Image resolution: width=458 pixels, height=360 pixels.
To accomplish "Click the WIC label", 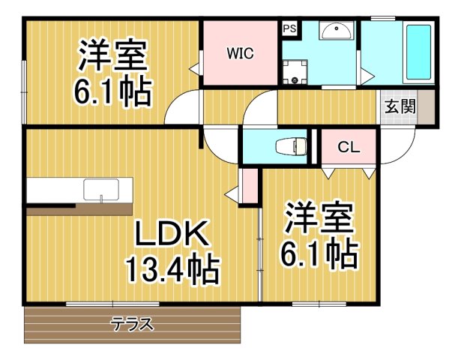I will (x=241, y=53).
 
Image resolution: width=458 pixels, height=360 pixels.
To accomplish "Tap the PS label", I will (x=289, y=29).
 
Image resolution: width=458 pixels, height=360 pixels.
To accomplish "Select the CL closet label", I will (x=348, y=147).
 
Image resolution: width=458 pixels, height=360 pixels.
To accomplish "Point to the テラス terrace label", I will (x=133, y=324).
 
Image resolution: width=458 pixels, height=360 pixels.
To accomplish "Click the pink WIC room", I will (x=241, y=67).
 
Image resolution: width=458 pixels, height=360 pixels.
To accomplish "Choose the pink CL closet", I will (x=348, y=157).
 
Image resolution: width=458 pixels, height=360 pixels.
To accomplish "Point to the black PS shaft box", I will (x=289, y=29).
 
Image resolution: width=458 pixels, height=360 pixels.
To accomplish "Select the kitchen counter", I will (x=79, y=191).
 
